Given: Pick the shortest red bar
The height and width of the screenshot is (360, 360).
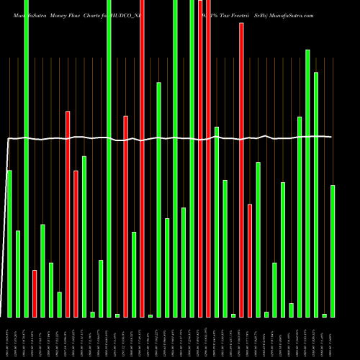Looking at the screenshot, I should [35, 293].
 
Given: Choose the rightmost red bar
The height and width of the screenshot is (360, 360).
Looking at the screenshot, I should [250, 260].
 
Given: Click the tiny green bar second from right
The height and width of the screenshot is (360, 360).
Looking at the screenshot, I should [325, 315].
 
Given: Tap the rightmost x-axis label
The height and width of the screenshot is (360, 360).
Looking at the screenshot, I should [333, 338].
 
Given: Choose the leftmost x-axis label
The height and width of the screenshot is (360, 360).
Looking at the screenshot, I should [9, 338].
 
